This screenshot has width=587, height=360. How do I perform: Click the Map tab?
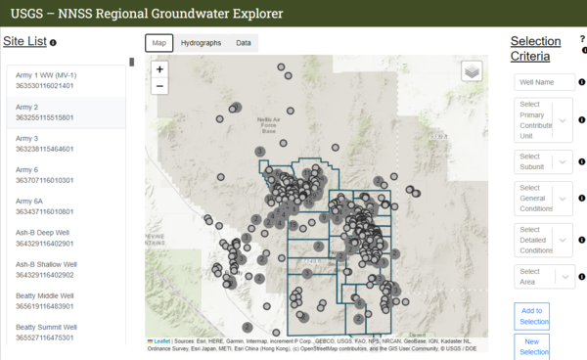(159, 43)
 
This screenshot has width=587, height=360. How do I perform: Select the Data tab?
(243, 43)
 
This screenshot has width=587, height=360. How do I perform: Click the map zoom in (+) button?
(159, 69)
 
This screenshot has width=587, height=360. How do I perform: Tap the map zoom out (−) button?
(159, 86)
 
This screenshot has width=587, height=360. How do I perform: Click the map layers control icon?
(472, 70)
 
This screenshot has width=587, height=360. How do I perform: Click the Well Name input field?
(543, 82)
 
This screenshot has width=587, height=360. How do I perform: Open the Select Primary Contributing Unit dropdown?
(543, 120)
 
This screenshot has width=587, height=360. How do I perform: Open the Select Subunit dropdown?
(543, 161)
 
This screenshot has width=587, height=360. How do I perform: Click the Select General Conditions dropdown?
(543, 199)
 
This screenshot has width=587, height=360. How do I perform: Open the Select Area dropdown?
(543, 277)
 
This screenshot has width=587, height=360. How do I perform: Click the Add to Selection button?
(534, 315)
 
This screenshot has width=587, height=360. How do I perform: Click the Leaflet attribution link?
(162, 341)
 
